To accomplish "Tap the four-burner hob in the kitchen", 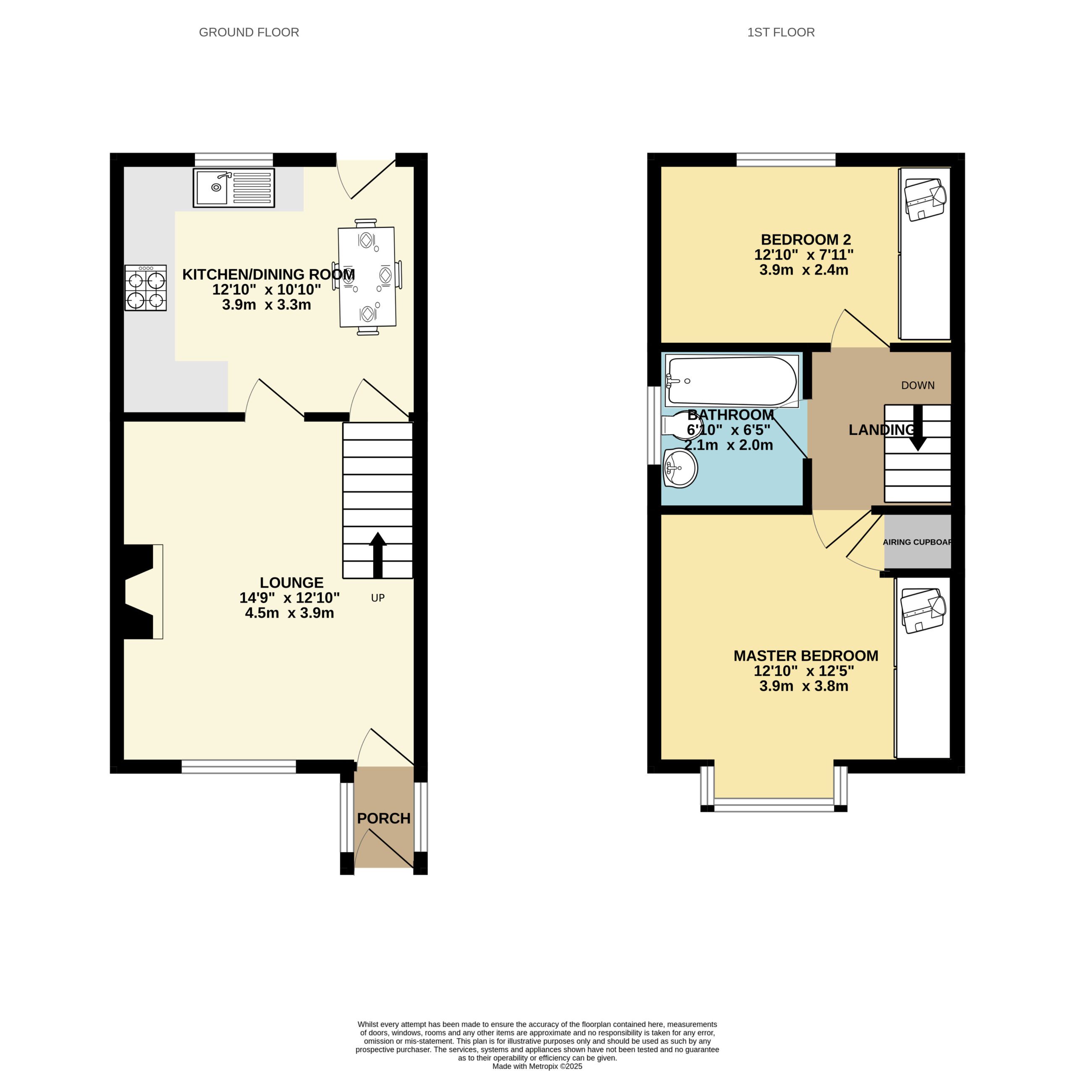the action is coord(145,287).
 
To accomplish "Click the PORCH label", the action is coord(383,818).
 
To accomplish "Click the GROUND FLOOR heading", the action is coord(249,32).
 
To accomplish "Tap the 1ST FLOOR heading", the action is coord(781,32).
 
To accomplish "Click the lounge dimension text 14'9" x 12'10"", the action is coord(289,598).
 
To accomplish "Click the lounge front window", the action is coord(239,766).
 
